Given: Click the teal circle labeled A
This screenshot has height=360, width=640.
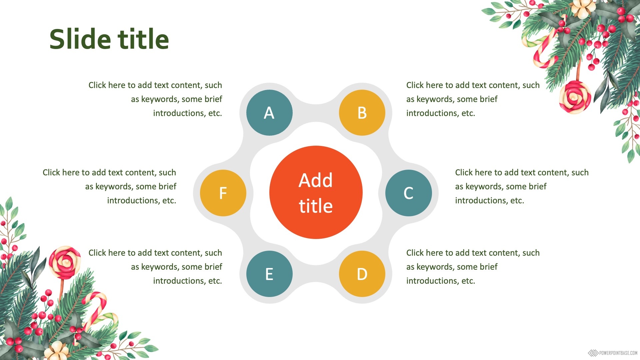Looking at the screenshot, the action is coord(269,113).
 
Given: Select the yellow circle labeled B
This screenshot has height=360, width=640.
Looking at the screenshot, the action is coord(362,113).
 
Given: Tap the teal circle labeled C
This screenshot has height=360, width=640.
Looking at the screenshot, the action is coord(408,193).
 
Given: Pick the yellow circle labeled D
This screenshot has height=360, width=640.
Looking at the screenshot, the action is coord(362,274).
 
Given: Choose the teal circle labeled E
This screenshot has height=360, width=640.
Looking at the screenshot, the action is coord(269,274).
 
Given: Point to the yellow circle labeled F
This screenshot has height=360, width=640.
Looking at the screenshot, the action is coord(223,193).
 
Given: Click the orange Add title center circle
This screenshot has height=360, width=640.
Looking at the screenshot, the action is coord(316,192).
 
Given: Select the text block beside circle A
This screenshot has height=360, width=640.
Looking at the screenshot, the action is coord(155,99).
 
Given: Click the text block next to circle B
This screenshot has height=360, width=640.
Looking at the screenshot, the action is coord(473,99).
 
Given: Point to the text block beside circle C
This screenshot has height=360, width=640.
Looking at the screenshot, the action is coord(522,186).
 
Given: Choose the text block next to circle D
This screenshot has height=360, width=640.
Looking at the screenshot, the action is coord(473,267).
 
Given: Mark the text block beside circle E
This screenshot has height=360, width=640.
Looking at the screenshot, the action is coord(155,267).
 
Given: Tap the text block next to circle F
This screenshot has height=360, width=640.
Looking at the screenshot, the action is coord(109,186).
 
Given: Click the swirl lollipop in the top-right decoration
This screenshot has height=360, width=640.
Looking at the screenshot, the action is coord(575,97).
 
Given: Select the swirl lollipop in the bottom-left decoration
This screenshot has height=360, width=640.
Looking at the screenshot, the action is coord(65,263).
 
